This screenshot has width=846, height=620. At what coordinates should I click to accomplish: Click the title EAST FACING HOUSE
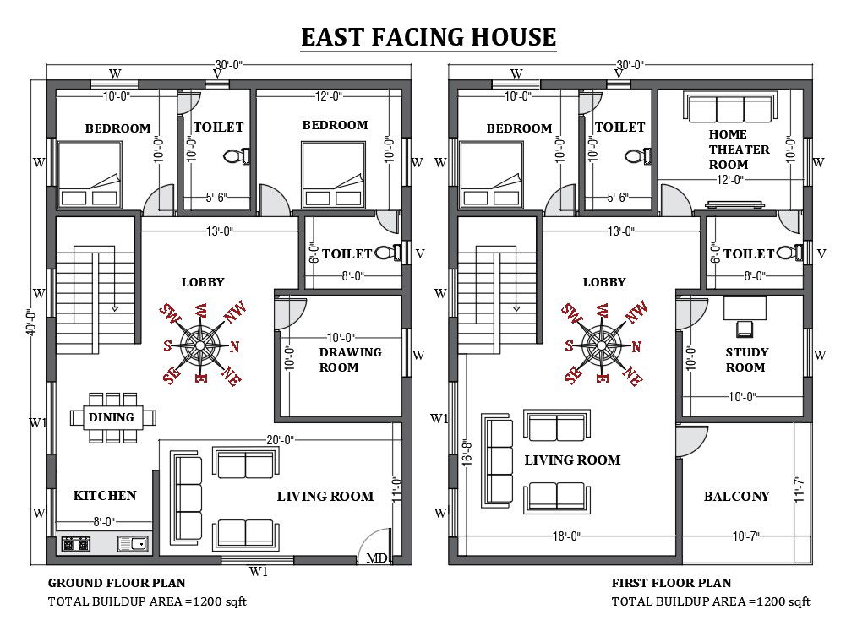(428, 37)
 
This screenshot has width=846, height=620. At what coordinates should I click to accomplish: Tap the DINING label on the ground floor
(112, 417)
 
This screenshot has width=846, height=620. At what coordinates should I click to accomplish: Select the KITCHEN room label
(105, 496)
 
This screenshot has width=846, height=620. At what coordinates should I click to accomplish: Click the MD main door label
(377, 558)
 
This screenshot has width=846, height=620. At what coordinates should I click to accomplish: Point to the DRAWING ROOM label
(350, 360)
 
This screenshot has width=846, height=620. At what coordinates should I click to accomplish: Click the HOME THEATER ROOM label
(739, 150)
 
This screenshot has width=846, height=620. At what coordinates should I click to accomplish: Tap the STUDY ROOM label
(746, 360)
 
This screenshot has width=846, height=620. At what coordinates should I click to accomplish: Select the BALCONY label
(736, 496)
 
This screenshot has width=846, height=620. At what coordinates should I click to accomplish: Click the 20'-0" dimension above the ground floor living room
(280, 440)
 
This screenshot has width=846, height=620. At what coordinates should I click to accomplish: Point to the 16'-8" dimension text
(467, 453)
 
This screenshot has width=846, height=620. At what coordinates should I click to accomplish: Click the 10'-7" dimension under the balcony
(745, 536)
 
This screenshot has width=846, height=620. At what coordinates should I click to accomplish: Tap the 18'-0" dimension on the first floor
(566, 536)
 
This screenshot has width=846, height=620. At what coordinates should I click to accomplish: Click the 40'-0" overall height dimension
(31, 322)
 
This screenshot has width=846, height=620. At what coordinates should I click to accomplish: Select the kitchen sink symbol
(133, 543)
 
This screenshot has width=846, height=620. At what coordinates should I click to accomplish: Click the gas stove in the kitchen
(75, 544)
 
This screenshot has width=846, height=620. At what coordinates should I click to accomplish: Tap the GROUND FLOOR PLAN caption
(117, 583)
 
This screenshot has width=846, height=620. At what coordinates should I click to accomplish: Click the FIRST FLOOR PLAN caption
(671, 583)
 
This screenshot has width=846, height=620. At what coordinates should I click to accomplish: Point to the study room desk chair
(746, 329)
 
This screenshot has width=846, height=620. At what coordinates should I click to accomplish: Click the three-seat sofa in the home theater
(730, 107)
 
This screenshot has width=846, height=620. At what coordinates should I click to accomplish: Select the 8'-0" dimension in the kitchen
(104, 521)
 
